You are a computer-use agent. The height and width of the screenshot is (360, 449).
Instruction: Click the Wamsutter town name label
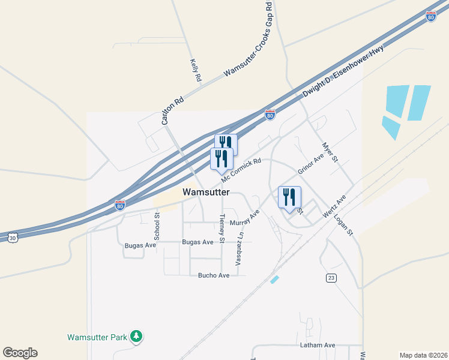click(x=206, y=192)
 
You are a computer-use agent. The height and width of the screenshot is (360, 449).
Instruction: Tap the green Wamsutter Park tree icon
click(x=137, y=337)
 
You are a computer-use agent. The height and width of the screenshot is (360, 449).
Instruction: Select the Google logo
click(x=20, y=353)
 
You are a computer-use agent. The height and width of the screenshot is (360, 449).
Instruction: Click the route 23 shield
click(x=331, y=278)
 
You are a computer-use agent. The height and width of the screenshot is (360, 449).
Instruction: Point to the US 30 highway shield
click(x=13, y=238)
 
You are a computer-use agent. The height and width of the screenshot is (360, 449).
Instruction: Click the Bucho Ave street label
click(x=214, y=275)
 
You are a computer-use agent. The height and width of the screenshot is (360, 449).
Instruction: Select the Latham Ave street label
click(x=318, y=346)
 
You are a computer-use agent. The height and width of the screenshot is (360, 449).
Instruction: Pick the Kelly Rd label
click(x=195, y=70)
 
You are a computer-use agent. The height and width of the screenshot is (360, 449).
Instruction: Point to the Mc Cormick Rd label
click(x=241, y=170)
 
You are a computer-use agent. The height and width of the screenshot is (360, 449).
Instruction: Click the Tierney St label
click(x=223, y=229)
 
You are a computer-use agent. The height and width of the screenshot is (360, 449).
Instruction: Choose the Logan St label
click(x=345, y=225)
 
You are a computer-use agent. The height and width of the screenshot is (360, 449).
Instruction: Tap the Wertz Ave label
click(x=334, y=206)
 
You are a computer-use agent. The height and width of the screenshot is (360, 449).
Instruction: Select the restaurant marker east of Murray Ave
click(x=289, y=198)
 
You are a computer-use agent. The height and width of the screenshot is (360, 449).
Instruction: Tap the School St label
click(x=157, y=228)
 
